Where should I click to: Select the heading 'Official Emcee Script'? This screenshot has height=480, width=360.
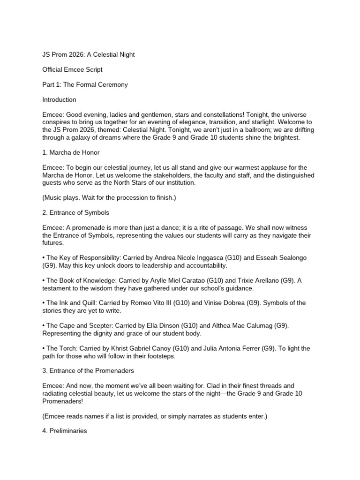72,69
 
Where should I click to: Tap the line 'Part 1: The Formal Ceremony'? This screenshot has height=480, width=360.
85,85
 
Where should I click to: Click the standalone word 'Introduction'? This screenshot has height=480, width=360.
59,100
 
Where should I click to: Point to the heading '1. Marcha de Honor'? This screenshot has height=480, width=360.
70,152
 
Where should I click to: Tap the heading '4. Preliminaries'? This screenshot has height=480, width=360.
65,430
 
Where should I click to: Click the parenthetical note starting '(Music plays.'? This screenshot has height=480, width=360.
109,197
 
